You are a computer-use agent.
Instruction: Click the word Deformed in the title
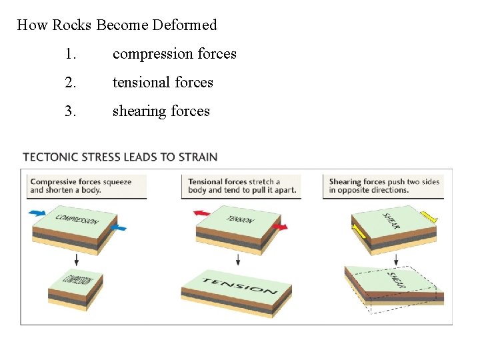(x=185, y=25)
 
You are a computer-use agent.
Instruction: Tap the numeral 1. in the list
(x=71, y=54)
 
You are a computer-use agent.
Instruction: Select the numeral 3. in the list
(x=71, y=111)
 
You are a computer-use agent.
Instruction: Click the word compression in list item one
(x=153, y=54)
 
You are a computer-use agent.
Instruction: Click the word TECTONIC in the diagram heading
(x=51, y=157)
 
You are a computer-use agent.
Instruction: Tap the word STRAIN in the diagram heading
(x=197, y=157)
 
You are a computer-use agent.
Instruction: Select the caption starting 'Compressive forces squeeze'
(x=81, y=185)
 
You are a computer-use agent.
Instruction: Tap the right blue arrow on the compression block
(x=119, y=228)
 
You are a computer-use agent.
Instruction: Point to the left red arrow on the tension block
(x=202, y=213)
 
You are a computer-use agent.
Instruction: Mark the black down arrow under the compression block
(x=77, y=259)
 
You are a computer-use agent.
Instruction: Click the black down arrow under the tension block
(x=238, y=259)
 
